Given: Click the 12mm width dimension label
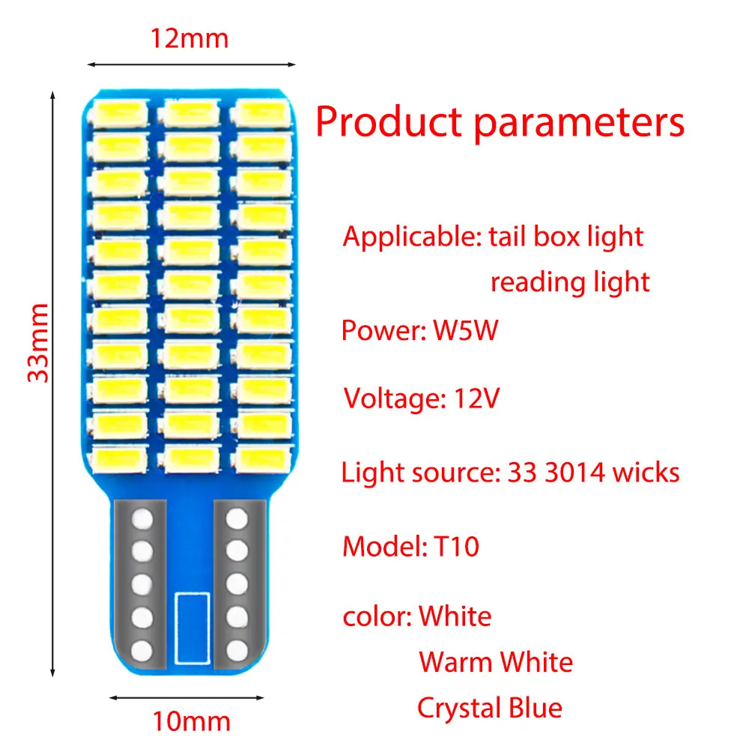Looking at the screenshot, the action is point(189,39).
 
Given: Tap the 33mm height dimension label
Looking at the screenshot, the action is point(38,343).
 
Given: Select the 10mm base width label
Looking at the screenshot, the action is point(192,721).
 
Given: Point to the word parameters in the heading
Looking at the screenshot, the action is point(580,124).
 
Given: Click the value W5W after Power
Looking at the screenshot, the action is point(465,330).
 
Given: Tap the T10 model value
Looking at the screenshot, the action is point(456,547).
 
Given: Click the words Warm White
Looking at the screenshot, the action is point(496,662).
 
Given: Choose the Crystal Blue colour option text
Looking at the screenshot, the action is point(490,709).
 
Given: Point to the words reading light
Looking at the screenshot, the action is point(570,282).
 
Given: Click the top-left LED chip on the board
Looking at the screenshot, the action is point(119,114).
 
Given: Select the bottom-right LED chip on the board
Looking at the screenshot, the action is point(262,459).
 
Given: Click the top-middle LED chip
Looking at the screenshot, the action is point(190,114).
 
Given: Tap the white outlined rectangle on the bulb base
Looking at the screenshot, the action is point(192,628).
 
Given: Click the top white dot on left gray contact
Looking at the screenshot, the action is point(142,519).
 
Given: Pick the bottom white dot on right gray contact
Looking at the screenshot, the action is point(237,651).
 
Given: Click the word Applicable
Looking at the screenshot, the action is point(413,237).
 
